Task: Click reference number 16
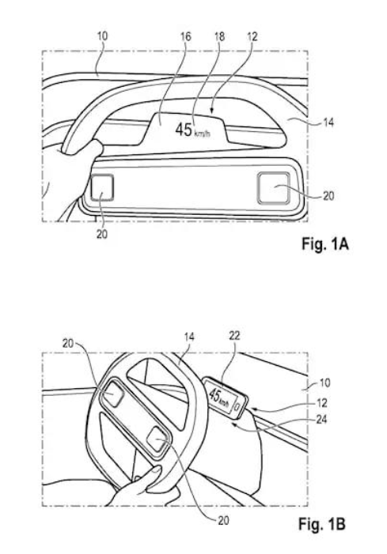coord(185,36)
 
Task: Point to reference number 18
coord(219,36)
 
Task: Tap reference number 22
coord(234,336)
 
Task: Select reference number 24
coord(321,420)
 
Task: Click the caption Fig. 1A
coord(325,243)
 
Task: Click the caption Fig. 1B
coord(322,524)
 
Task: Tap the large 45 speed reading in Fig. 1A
coord(184,130)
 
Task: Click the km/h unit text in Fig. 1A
coord(203,134)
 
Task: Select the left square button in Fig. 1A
coord(102,187)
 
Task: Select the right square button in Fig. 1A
coord(274,188)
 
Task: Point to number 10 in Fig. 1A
coord(102,36)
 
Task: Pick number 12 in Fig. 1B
coord(322,403)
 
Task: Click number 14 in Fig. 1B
coord(189,337)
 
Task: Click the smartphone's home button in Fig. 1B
coord(238,407)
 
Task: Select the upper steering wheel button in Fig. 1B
coord(113,394)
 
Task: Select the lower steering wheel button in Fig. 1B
coord(157,440)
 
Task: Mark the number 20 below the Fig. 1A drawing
coord(102,234)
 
